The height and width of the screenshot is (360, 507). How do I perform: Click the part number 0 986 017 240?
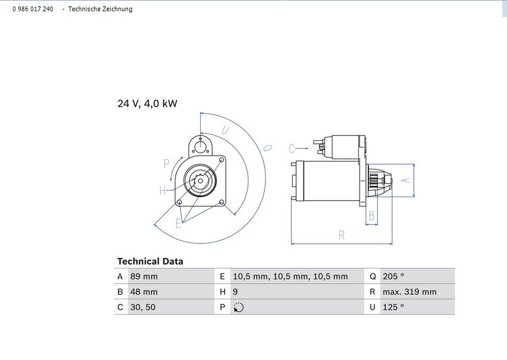[x=33, y=9]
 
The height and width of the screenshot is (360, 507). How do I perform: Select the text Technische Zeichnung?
[x=100, y=9]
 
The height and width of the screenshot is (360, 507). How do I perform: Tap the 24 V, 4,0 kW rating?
[x=147, y=104]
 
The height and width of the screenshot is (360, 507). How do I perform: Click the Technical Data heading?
[x=150, y=261]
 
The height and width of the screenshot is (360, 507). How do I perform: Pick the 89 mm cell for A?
[x=144, y=277]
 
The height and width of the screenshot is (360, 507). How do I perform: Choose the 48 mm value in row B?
[x=144, y=292]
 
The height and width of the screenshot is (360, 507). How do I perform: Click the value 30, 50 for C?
[x=143, y=307]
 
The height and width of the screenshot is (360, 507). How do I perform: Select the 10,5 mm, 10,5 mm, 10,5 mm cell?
[x=290, y=277]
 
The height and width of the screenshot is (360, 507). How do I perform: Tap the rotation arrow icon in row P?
[x=239, y=307]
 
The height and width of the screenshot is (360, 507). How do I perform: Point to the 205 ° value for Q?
[x=393, y=277]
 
